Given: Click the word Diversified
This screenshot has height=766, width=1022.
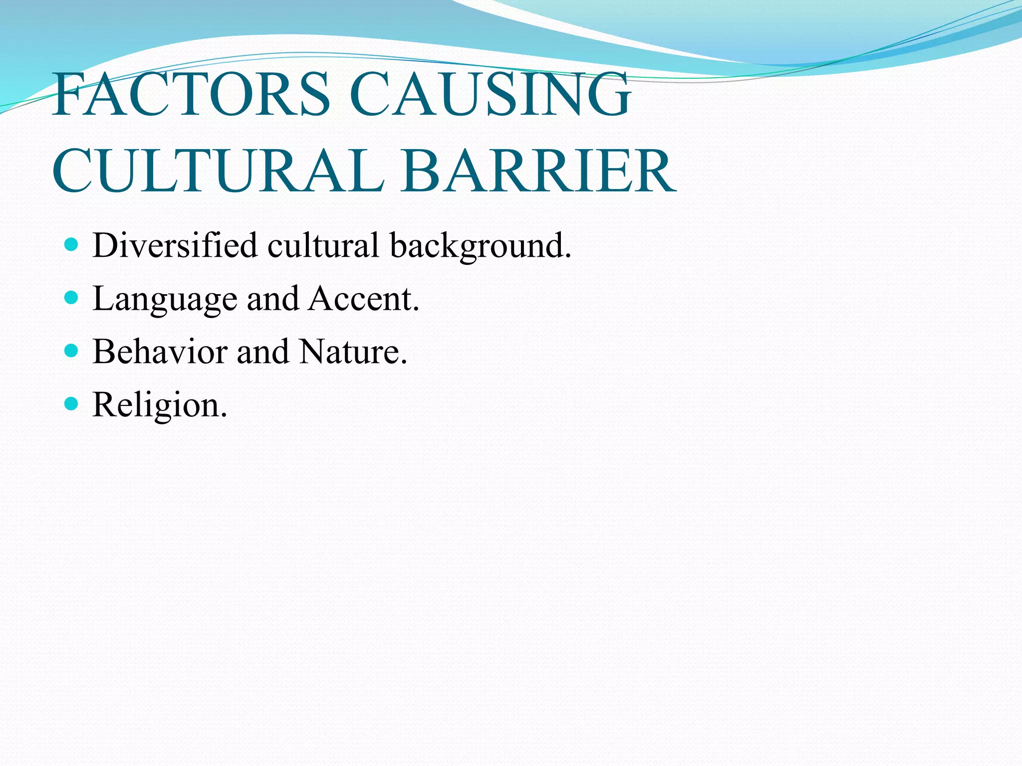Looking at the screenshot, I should click(175, 245).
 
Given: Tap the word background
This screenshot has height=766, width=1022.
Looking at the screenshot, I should click(480, 246).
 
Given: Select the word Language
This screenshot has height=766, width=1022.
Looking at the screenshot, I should click(165, 300).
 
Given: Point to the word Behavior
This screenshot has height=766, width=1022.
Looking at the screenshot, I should click(160, 352).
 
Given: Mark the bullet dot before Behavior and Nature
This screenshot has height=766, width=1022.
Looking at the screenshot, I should click(72, 351).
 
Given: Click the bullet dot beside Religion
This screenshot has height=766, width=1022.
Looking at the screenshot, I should click(72, 403).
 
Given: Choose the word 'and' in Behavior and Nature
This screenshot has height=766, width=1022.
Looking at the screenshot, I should click(262, 352).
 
